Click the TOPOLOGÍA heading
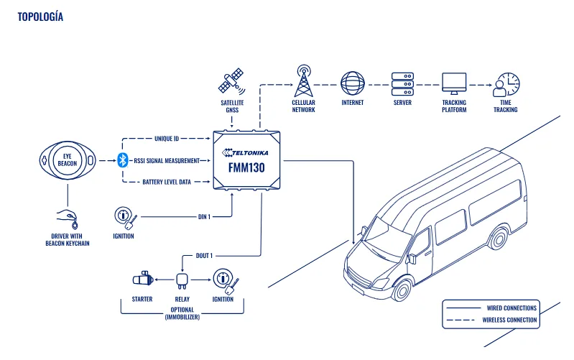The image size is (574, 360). pos(40,17)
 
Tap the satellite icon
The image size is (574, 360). pos(231,81)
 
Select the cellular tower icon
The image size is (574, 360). pos(304,81)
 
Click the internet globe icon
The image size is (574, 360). pos(353,83)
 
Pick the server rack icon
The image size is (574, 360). pos(402,84)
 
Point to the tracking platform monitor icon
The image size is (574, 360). pos(454,84)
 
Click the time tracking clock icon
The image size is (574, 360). pos(506,84)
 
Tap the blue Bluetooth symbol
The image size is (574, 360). pos(123,160)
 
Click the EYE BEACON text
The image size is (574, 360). pos(68,160)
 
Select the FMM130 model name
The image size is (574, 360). pos(246,167)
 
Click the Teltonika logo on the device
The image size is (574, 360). pos(245,152)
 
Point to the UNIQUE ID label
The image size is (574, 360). pos(167,139)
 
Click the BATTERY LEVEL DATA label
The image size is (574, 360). pos(167,182)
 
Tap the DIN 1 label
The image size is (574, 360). pos(204,217)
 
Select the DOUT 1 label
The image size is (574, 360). pos(204,256)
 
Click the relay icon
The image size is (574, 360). pos(182,281)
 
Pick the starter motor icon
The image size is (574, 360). pos(142,279)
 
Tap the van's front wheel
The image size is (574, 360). pos(402,290)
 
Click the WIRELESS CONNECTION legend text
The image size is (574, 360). pos(509,320)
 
